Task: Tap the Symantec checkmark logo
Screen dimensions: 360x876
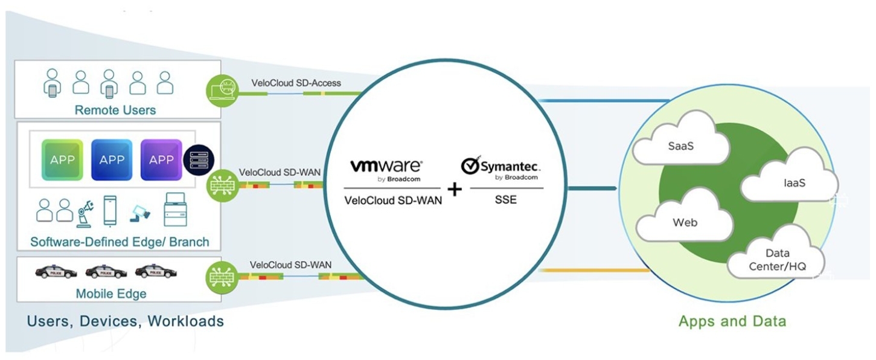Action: [x=470, y=166]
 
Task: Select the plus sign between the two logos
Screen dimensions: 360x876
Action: [x=454, y=190]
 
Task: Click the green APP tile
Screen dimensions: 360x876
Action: [x=62, y=160]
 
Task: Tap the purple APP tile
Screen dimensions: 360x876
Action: [x=161, y=160]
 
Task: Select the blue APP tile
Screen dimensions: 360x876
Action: [x=112, y=160]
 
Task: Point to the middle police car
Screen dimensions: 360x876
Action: [x=106, y=272]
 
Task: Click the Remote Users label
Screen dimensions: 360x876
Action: [x=115, y=110]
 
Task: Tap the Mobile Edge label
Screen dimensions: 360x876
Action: [x=111, y=294]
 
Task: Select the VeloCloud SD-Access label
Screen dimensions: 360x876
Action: [x=296, y=83]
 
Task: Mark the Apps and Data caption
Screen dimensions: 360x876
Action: [x=732, y=321]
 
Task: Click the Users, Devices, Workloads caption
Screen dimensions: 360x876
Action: [x=125, y=321]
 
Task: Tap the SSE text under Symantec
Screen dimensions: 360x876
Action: [x=505, y=199]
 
